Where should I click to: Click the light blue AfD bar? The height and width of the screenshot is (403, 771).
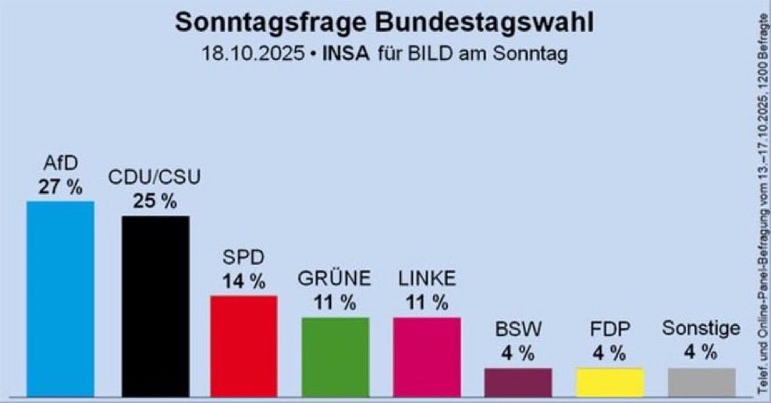[60, 298]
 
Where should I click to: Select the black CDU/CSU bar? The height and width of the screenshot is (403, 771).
[155, 305]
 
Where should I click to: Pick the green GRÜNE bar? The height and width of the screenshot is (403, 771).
[335, 355]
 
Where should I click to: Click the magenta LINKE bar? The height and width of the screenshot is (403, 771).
[427, 355]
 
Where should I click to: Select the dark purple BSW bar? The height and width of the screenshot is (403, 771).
[518, 381]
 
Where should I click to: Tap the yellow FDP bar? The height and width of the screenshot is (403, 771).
[609, 381]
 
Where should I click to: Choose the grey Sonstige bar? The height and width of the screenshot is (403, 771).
[701, 381]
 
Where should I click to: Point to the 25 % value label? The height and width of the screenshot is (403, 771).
[155, 201]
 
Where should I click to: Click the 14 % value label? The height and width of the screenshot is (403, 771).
[243, 281]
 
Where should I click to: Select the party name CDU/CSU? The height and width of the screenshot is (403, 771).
[155, 179]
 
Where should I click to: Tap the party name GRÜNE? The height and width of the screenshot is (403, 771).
[335, 279]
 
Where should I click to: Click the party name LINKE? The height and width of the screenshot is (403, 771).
[427, 279]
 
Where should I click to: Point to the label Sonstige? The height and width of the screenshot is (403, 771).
[701, 329]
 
